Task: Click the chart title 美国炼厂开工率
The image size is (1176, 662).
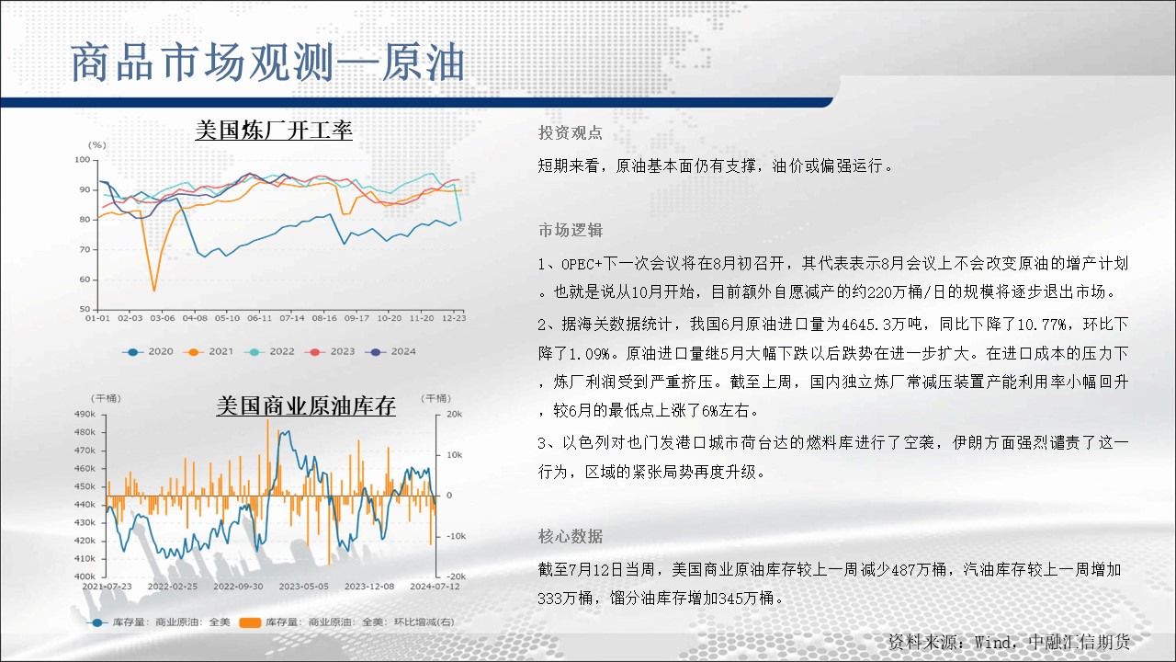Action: click(x=274, y=130)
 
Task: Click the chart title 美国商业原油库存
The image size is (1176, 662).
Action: click(x=306, y=405)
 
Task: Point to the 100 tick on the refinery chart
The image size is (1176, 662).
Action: click(x=83, y=160)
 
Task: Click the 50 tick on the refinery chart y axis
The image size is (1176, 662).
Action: click(x=85, y=309)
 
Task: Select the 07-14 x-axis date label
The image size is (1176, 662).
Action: click(x=292, y=318)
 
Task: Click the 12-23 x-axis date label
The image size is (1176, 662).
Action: click(x=454, y=318)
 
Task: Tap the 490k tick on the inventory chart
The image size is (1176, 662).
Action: click(x=85, y=414)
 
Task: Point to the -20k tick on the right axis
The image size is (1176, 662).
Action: click(x=456, y=576)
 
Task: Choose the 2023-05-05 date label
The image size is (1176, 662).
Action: click(x=303, y=587)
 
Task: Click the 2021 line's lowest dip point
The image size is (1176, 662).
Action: click(x=153, y=290)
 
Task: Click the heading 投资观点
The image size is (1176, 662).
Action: click(x=571, y=132)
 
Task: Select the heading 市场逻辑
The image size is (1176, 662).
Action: click(x=571, y=230)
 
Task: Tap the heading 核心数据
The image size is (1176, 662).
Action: click(x=571, y=536)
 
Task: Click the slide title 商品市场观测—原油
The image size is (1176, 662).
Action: click(x=267, y=63)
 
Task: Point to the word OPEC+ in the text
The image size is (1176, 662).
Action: click(x=582, y=264)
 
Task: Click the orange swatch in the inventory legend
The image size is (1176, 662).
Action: click(x=250, y=622)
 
